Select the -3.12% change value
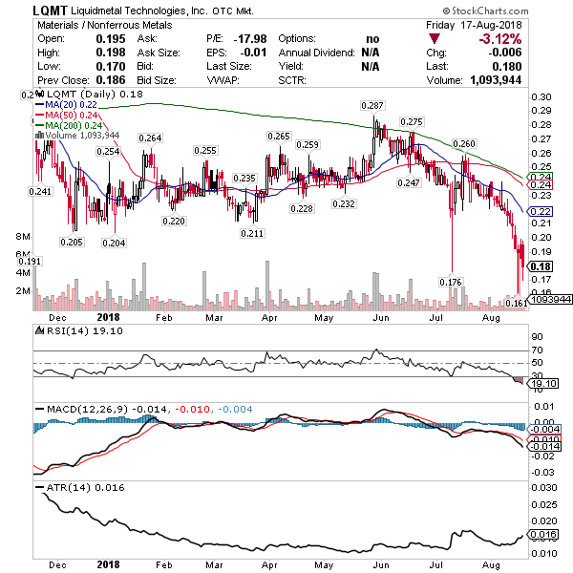click(528, 38)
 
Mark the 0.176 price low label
click(450, 282)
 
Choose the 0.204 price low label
click(114, 244)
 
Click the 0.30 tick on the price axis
click(541, 97)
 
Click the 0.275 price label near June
click(412, 122)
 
